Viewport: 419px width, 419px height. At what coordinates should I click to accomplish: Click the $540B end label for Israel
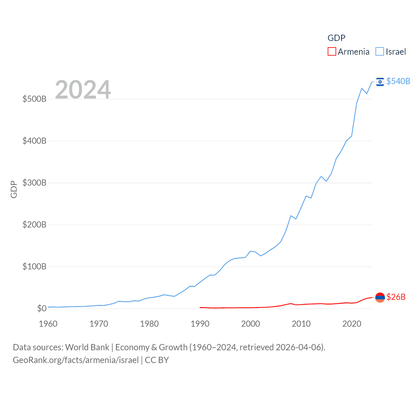coord(398,81)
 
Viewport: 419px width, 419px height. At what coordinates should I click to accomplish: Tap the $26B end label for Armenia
coord(396,297)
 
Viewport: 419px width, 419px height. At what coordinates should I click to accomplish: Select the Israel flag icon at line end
coord(380,82)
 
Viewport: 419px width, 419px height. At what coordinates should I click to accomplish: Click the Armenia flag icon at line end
coord(380,297)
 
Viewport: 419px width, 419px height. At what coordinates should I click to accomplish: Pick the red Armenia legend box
coord(332,52)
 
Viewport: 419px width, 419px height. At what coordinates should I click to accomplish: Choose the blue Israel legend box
coord(380,52)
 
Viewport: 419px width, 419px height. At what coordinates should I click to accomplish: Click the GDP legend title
coord(336,38)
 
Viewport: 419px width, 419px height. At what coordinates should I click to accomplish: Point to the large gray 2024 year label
coord(83,90)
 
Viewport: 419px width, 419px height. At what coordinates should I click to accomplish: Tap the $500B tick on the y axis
coord(34,99)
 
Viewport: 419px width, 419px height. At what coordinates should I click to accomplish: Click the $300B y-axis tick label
coord(34,183)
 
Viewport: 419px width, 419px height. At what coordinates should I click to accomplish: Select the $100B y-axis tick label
coord(34,266)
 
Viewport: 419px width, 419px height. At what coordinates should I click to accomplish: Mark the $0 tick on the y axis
coord(42,308)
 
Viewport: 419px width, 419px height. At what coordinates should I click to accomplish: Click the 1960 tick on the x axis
coord(48,324)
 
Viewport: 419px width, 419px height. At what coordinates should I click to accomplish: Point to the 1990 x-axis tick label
coord(200,324)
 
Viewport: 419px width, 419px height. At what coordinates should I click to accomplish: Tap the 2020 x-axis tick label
coord(352,324)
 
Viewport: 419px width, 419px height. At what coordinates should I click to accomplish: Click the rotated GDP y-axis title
coord(14,189)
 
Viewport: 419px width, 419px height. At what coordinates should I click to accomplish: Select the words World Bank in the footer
coord(87,347)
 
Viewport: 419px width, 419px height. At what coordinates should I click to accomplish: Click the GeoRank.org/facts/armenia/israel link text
coord(76,360)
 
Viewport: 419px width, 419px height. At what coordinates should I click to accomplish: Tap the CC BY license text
coord(157,360)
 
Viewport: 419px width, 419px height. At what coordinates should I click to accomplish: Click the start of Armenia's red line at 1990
coord(200,307)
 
